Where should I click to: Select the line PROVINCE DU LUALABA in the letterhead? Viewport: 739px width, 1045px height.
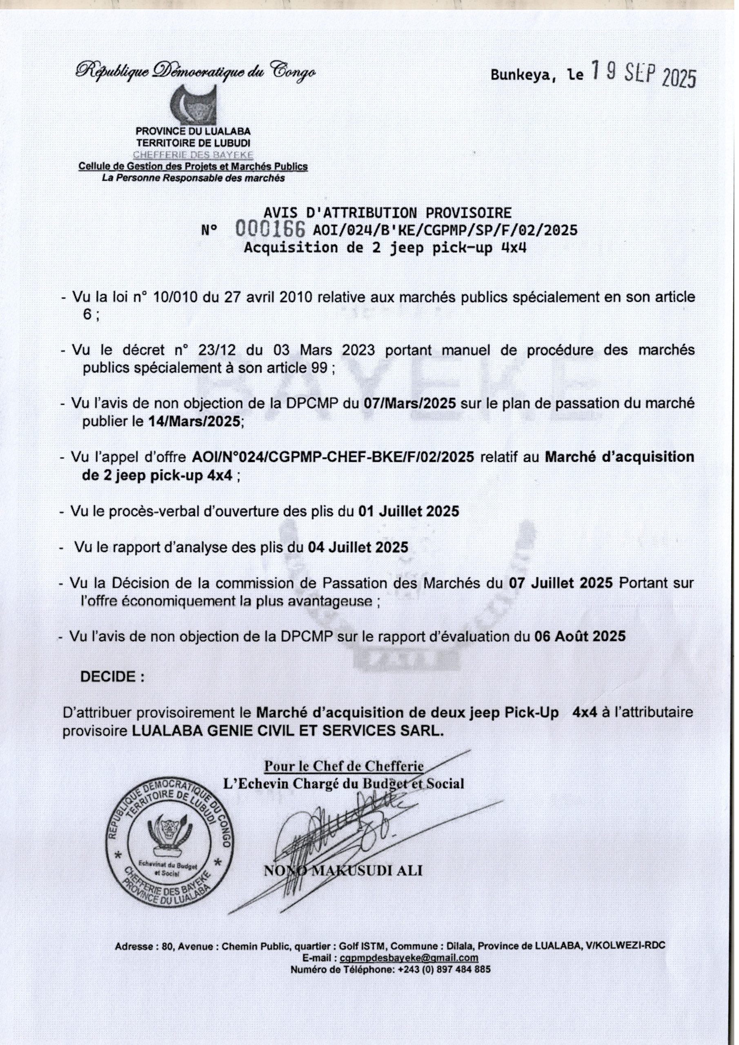pyautogui.click(x=193, y=131)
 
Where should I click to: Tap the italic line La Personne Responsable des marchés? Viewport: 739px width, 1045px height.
pyautogui.click(x=193, y=178)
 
